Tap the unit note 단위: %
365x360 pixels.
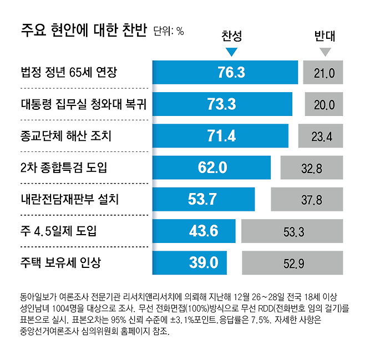(x=168, y=31)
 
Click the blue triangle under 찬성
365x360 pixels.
(x=231, y=53)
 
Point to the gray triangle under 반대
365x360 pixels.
(x=325, y=53)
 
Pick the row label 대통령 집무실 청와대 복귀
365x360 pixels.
(x=84, y=104)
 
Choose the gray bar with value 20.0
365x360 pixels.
(x=324, y=104)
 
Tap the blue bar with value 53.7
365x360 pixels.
(x=204, y=199)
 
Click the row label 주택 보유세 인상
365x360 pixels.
(x=61, y=262)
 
